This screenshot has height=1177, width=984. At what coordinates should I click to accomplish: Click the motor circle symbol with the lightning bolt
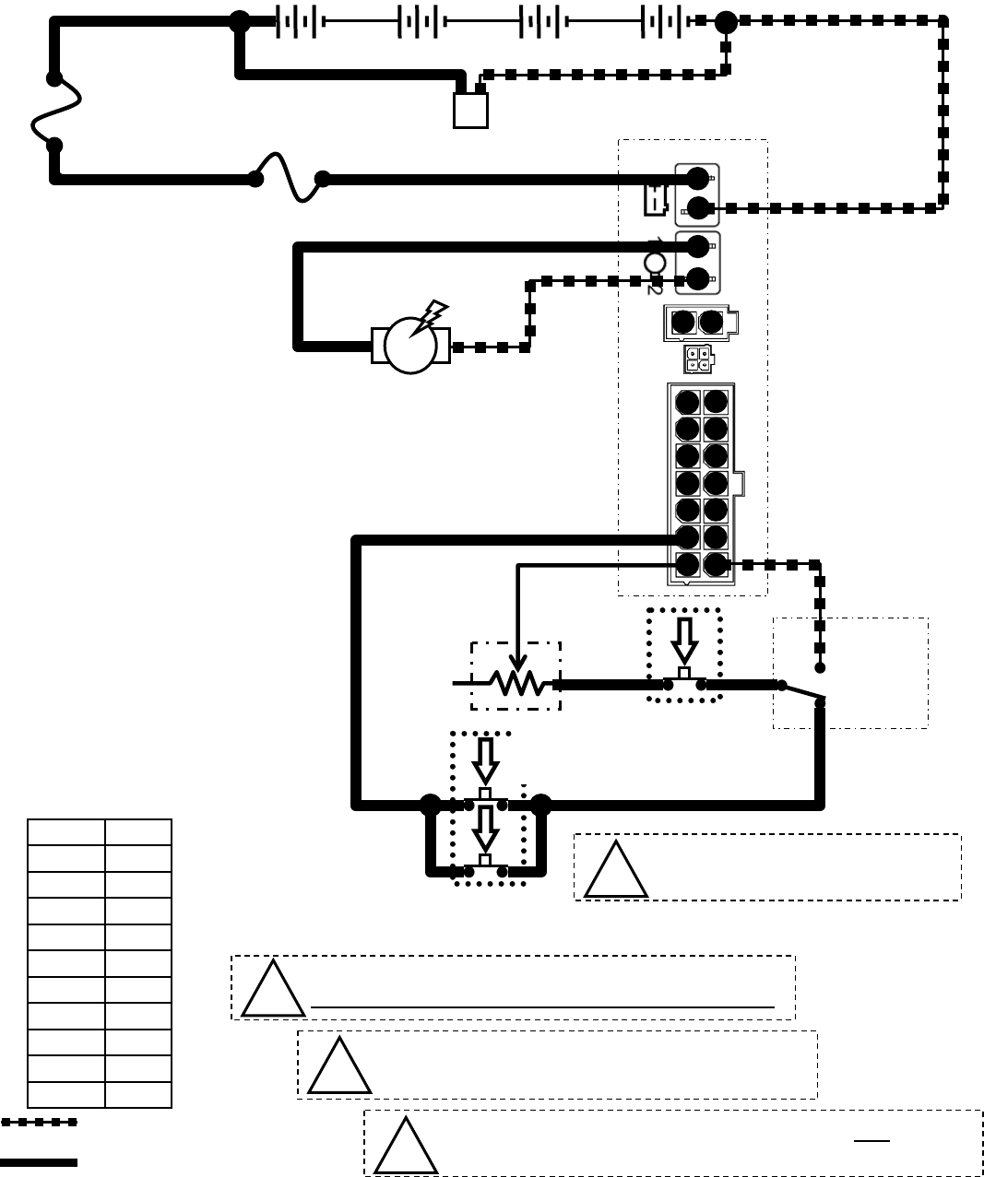coord(410,346)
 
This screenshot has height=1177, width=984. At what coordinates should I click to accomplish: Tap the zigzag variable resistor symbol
coord(516,683)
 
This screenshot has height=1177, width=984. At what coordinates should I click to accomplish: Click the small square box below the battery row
coord(470,110)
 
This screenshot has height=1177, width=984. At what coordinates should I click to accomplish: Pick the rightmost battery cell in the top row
coord(662,21)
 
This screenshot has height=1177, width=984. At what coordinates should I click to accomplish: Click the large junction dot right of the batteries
coord(727,20)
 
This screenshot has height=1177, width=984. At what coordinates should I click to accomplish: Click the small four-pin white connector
coord(697,359)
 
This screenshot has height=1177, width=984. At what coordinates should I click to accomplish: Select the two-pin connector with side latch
coord(699,323)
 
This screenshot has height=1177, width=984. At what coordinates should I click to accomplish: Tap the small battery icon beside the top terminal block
coord(654,199)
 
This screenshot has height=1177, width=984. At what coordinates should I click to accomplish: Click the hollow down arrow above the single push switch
coord(684,638)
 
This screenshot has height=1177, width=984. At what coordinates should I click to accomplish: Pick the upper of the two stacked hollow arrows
coord(485,759)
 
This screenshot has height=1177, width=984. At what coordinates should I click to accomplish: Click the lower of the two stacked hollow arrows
coord(485,829)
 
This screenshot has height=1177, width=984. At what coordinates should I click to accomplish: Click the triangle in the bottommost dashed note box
coord(405,1148)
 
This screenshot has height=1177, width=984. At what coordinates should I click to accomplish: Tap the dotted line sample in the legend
coord(39,1123)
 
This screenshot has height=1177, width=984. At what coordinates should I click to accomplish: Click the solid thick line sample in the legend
coord(39,1162)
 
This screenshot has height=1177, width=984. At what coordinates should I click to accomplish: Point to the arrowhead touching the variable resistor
coord(518,662)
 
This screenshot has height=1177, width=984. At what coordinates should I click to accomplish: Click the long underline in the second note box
coord(542,1007)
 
